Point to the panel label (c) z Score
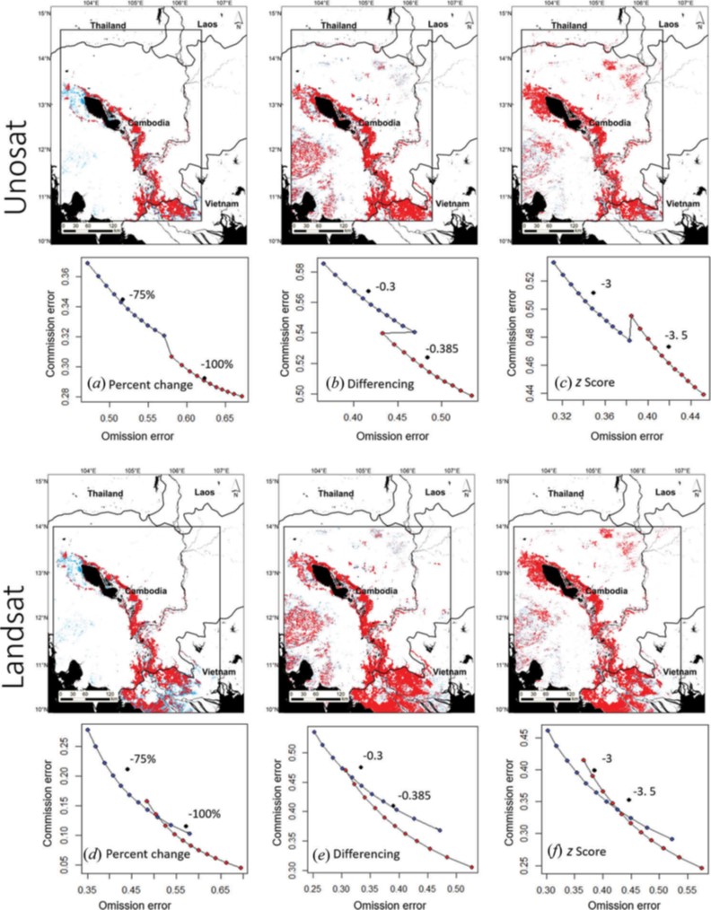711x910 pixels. (x=586, y=384)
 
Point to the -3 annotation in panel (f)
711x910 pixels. (x=606, y=759)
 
